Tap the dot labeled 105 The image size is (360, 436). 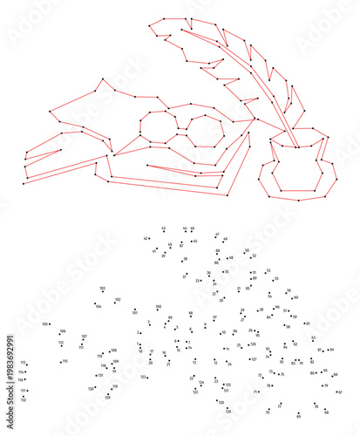[51, 324]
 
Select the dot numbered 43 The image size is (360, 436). [165, 233]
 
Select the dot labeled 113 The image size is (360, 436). [27, 364]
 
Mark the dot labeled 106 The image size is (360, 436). [58, 332]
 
